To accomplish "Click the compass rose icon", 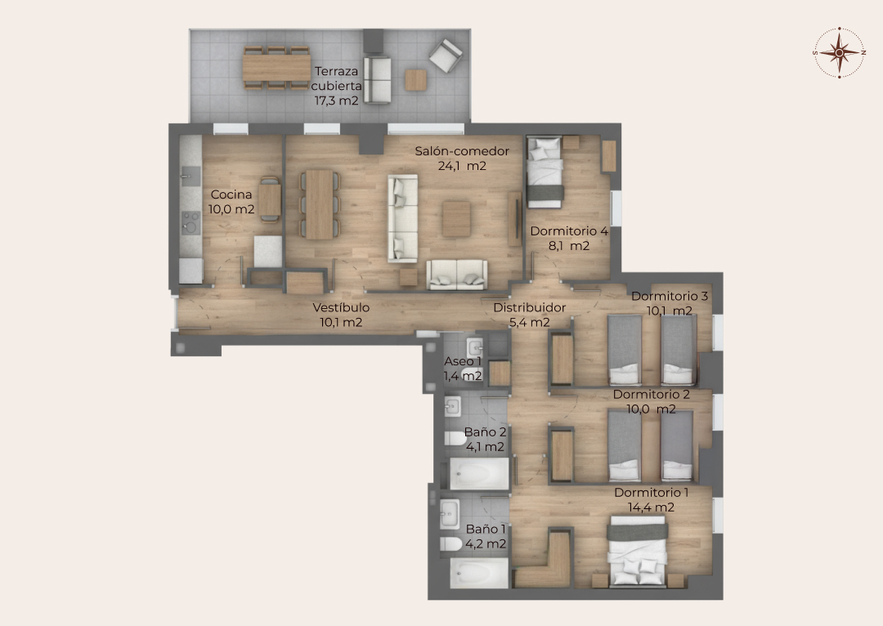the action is [x=839, y=52].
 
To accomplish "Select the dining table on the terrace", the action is [x=276, y=68].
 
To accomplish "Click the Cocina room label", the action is [x=231, y=195].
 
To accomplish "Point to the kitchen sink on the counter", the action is [x=190, y=176].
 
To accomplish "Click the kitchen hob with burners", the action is [x=190, y=222].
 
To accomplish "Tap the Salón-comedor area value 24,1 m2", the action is [x=462, y=166].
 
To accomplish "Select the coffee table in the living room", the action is [x=456, y=219].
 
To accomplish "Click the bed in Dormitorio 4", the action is [x=545, y=172].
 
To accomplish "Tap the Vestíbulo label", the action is [x=341, y=307].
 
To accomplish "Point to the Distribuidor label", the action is [x=529, y=307].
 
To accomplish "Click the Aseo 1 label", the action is [x=463, y=361].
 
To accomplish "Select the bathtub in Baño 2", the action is [x=479, y=474].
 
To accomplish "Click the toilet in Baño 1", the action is [x=451, y=544].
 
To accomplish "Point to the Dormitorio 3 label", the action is [x=669, y=296].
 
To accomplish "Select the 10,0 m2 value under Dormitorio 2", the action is [x=651, y=409].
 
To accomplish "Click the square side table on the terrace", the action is [x=415, y=80].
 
